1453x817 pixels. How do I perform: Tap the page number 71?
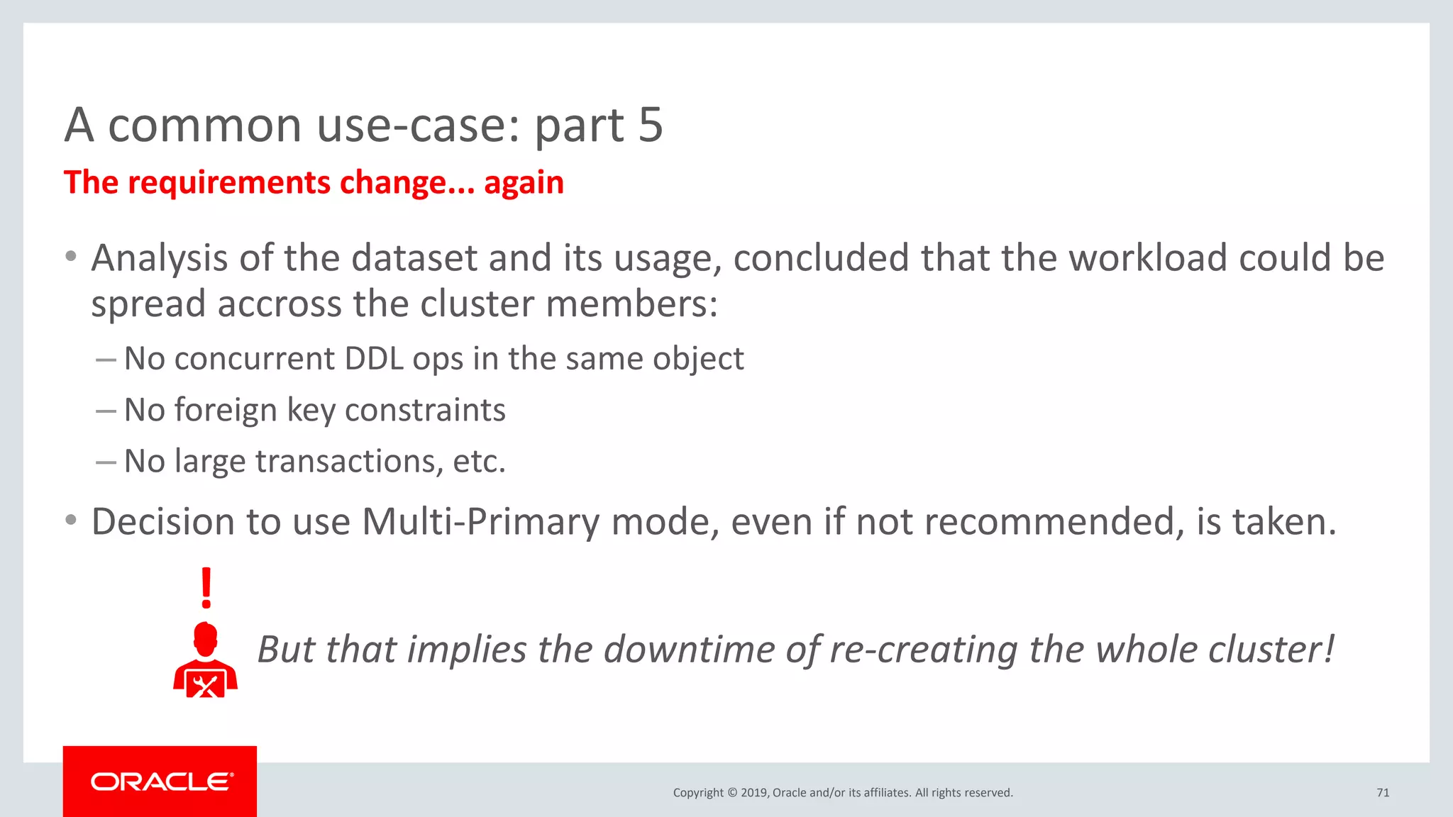[1383, 793]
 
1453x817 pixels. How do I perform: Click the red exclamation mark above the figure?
[206, 588]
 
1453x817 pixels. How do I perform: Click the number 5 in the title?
[650, 126]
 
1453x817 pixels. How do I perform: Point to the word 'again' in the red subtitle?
[524, 183]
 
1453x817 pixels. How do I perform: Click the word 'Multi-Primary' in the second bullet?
[481, 522]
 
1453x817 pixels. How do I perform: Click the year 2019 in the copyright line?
[753, 793]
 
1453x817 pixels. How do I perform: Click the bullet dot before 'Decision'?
[70, 521]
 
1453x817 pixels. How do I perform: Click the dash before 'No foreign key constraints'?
[106, 411]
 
